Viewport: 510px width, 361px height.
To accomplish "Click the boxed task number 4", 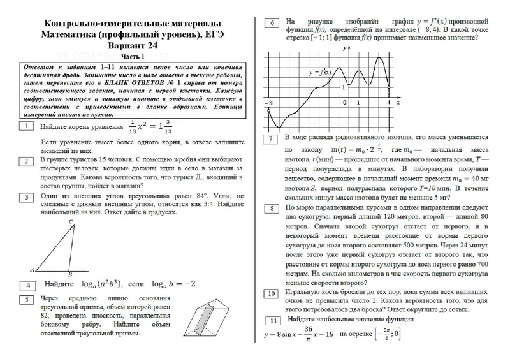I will (27, 285).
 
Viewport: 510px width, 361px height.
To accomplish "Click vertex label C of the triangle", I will (72, 221).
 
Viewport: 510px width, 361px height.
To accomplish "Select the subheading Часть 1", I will (132, 57).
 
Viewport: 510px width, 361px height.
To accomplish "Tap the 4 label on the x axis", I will (389, 103).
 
